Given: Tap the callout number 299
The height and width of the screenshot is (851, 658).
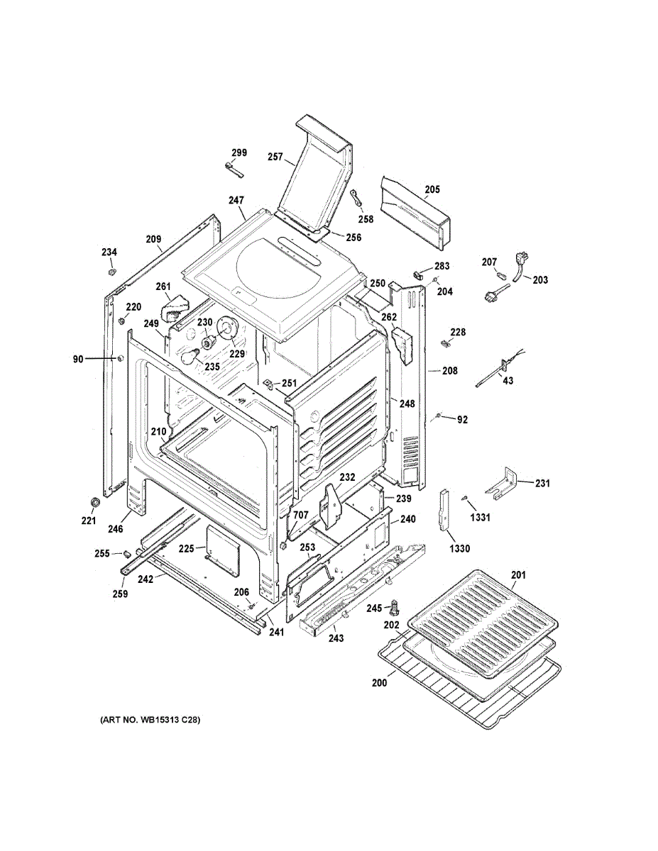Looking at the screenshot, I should (239, 152).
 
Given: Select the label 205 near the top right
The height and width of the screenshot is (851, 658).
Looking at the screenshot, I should (432, 189).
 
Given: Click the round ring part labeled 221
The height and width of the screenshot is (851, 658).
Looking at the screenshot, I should (92, 502).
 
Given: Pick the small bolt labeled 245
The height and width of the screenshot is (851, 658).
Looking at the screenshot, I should (395, 606).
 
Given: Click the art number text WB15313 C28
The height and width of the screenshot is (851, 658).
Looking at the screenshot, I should (150, 720).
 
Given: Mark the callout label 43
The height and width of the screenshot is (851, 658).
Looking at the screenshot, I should (508, 381).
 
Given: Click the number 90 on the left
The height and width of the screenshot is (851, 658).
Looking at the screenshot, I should (78, 360).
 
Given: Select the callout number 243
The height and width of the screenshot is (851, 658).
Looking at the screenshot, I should (336, 638).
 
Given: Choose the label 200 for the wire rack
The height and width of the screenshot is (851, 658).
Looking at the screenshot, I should (380, 683).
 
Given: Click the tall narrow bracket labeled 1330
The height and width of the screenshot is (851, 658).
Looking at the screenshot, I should (444, 511).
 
